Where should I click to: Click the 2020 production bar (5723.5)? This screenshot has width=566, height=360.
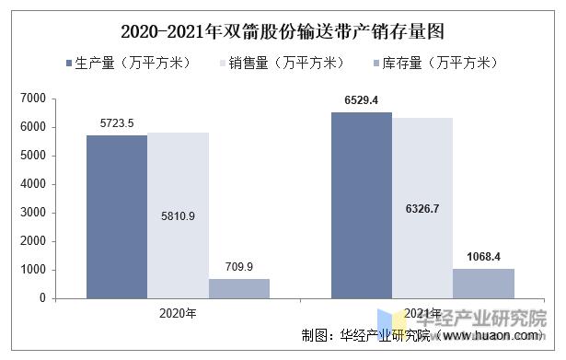[117, 216]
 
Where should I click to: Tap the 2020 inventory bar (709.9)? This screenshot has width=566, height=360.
[238, 288]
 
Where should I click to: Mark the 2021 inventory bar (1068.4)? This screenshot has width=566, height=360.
[484, 283]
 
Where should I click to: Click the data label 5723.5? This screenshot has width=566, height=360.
[117, 122]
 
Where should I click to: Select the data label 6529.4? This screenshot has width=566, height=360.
[362, 99]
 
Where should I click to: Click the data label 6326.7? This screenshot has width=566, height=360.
[422, 210]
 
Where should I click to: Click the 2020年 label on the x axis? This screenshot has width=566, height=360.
[177, 313]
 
